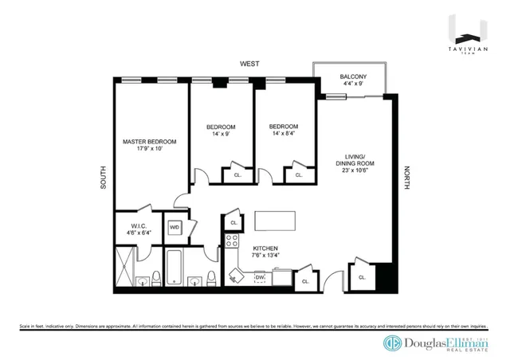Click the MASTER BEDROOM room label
tap(149, 142)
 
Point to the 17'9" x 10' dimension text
tap(149, 149)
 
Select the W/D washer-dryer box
tap(174, 228)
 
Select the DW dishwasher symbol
tap(260, 277)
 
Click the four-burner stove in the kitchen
tap(231, 242)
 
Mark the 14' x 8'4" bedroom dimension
tap(283, 134)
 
